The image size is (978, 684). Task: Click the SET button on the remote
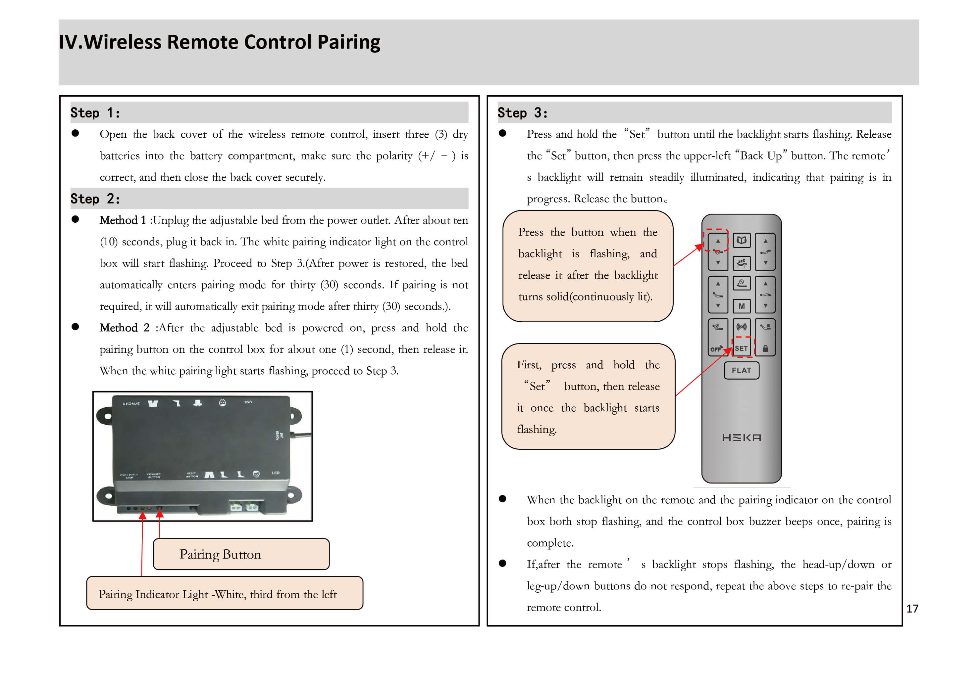[x=741, y=348]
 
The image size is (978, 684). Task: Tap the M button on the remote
[x=741, y=306]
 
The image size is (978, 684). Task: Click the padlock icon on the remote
[x=765, y=348]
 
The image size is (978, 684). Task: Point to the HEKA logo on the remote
[x=741, y=437]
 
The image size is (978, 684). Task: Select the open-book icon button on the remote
[x=741, y=241]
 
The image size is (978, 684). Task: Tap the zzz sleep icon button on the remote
[x=741, y=263]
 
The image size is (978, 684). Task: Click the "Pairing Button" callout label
[x=220, y=554]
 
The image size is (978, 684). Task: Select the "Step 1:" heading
[x=95, y=113]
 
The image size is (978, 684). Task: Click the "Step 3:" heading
[x=523, y=113]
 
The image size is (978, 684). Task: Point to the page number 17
[x=912, y=609]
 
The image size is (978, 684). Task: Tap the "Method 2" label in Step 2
[x=125, y=328]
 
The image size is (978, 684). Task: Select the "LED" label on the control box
[x=276, y=473]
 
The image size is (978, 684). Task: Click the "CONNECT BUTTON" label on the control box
[x=154, y=476]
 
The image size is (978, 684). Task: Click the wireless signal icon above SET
[x=741, y=327]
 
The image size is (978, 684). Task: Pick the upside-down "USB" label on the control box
[x=248, y=402]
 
